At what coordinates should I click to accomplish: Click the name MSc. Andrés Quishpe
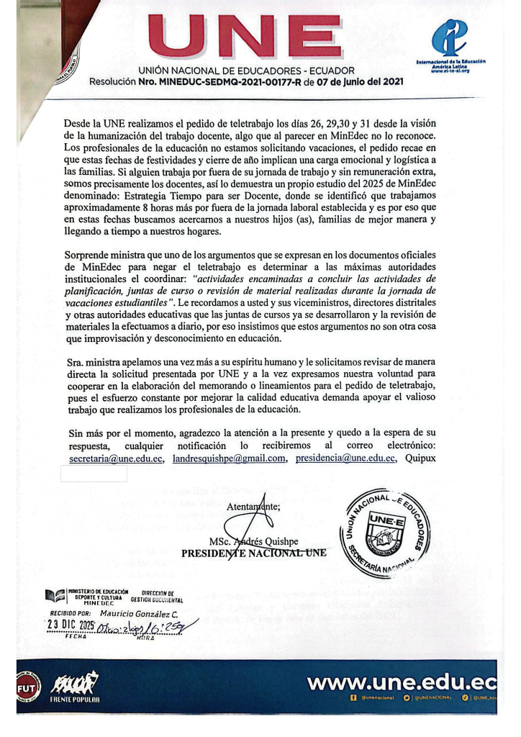(252, 542)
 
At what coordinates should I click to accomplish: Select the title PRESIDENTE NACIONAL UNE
(253, 553)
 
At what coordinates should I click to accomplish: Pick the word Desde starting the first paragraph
(78, 124)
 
